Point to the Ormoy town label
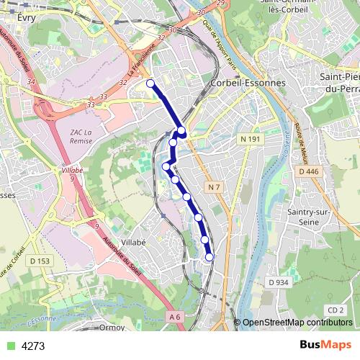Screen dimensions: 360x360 [x=112, y=327]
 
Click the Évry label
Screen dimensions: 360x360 [x=26, y=17]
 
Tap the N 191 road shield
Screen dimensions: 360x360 [x=251, y=138]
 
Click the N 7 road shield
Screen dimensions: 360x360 [x=212, y=188]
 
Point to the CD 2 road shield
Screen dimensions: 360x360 [x=334, y=310]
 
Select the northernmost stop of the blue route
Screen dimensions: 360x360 [x=150, y=84]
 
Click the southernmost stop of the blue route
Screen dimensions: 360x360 [x=210, y=257]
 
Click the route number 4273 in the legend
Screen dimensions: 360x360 [x=33, y=346]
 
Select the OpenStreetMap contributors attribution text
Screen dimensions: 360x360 [x=297, y=323]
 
